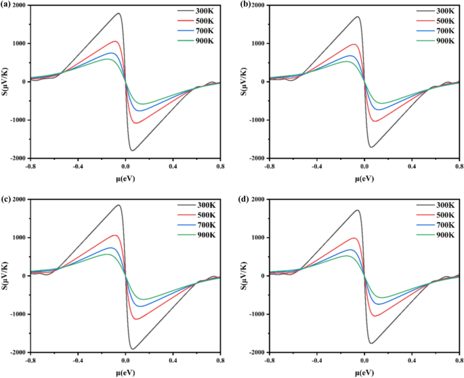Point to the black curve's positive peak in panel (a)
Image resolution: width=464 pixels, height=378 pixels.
point(118,14)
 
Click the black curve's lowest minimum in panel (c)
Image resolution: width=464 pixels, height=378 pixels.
point(133,349)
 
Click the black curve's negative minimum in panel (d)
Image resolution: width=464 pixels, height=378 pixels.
point(371,343)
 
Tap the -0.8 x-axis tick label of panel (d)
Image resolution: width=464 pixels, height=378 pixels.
point(269,360)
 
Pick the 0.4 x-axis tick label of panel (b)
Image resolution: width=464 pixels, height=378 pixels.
point(412,166)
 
